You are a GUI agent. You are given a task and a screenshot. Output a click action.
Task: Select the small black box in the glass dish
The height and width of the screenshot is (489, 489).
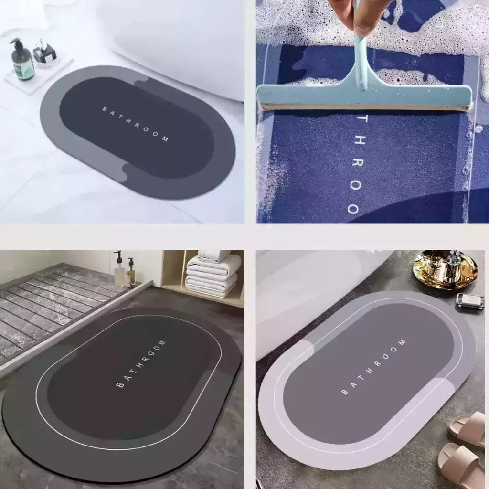(x=44, y=54)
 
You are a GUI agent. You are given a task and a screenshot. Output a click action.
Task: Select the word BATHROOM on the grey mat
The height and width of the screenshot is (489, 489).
(x=136, y=124)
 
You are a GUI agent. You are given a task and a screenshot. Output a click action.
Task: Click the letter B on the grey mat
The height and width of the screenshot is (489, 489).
(x=105, y=109)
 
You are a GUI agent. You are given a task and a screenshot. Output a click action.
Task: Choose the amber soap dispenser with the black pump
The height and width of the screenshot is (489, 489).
(x=131, y=275)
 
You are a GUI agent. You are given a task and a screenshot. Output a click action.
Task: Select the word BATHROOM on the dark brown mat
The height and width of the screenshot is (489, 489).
(x=141, y=364)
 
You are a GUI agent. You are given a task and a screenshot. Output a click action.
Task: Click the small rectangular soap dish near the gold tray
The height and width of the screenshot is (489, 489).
(x=469, y=300)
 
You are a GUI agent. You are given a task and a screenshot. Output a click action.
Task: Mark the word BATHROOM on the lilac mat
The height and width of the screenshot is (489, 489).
(x=373, y=367)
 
